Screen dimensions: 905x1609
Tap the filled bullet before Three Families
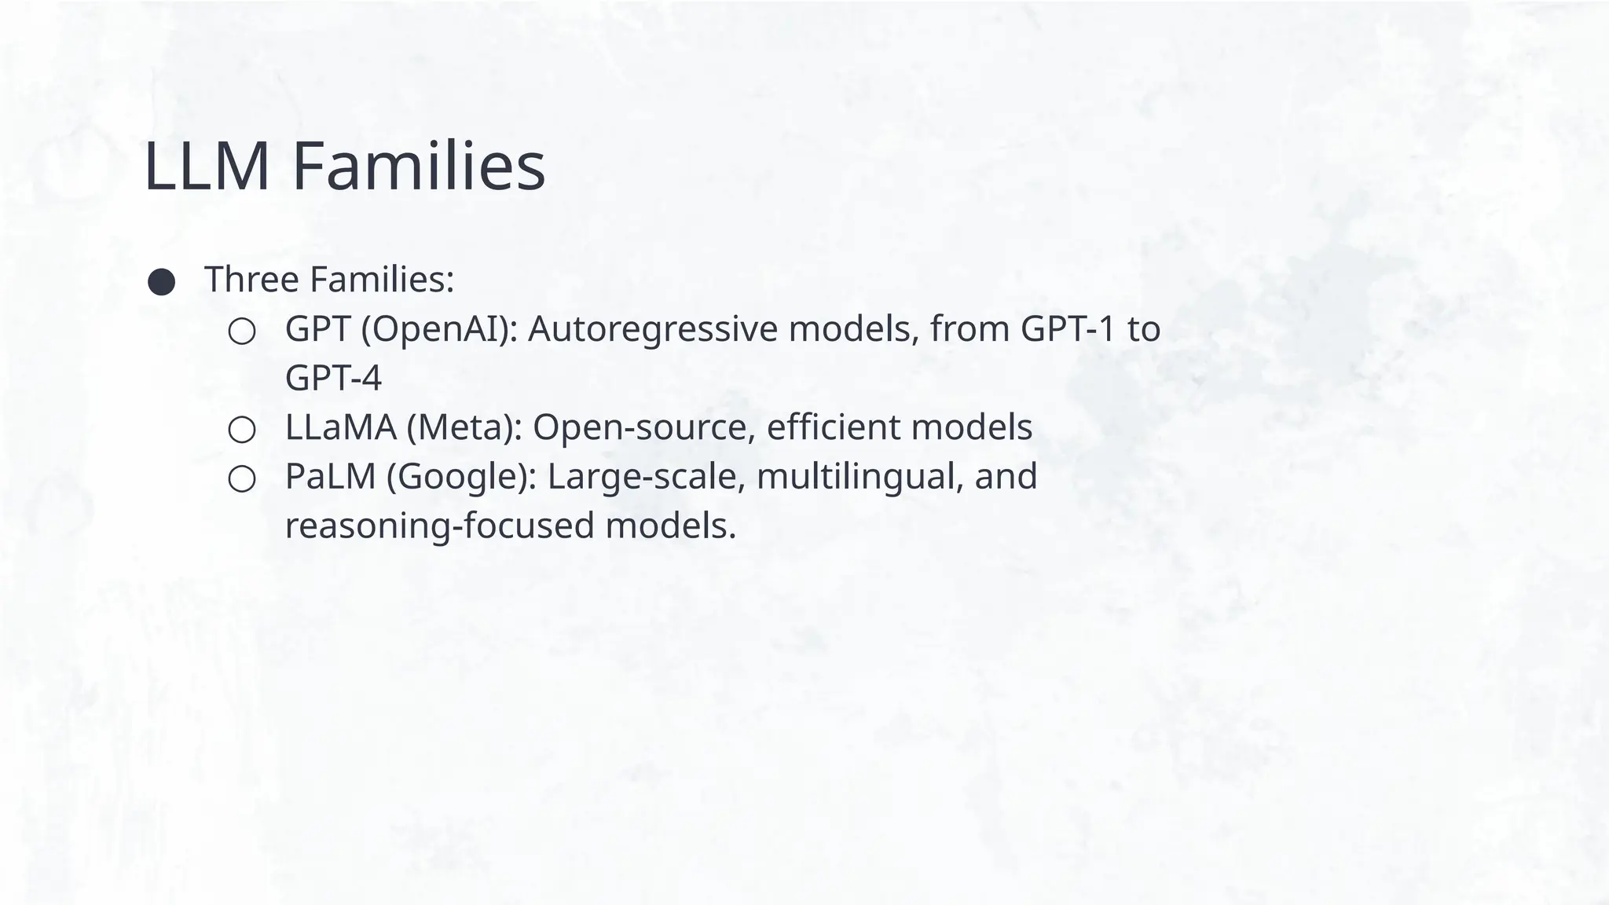click(x=162, y=282)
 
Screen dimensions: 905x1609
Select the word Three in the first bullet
click(x=251, y=280)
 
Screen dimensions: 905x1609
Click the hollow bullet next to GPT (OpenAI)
click(x=242, y=332)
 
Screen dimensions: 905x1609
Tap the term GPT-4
click(x=333, y=379)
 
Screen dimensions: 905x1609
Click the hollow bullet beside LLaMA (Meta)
click(x=242, y=430)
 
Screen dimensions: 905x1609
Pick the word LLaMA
click(x=340, y=427)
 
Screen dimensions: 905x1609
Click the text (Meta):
click(x=465, y=427)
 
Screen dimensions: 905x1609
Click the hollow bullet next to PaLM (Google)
click(x=242, y=479)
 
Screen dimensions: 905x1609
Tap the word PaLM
click(x=330, y=477)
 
